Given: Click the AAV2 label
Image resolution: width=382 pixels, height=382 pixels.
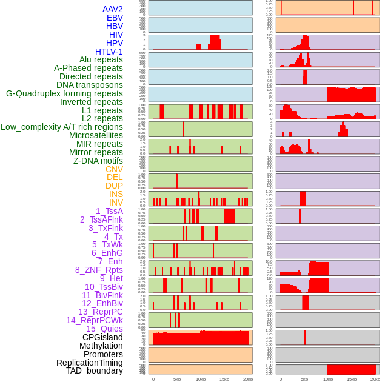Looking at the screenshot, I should click(x=113, y=9).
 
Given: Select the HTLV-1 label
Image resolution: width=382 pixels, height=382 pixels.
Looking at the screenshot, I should click(x=109, y=52).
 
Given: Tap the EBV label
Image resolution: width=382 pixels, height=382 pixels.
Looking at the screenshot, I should click(x=115, y=18).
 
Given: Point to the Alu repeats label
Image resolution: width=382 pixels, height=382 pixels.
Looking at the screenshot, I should click(x=101, y=59).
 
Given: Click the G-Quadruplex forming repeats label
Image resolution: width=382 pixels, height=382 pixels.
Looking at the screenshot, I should click(x=64, y=93).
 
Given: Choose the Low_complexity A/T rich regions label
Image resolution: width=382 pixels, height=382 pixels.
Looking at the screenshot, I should click(x=62, y=127).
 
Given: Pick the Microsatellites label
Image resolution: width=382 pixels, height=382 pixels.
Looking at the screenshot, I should click(x=96, y=135).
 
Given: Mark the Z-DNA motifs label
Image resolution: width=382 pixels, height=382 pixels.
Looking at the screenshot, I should click(x=98, y=161).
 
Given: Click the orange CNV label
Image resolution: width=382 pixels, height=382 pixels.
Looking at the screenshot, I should click(x=114, y=169).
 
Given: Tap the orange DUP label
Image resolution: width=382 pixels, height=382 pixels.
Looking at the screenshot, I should click(x=114, y=186).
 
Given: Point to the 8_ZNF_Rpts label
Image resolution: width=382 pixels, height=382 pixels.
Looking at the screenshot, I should click(x=99, y=270).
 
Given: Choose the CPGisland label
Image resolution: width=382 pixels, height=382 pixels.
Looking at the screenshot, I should click(x=102, y=337).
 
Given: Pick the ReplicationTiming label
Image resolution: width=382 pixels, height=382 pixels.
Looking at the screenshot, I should click(x=90, y=363).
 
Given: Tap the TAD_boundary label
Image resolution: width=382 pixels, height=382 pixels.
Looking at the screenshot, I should click(x=95, y=370).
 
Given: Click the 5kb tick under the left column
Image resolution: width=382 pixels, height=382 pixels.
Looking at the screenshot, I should click(x=177, y=379).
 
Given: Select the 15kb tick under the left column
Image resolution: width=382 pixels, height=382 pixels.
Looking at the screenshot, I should click(x=224, y=379).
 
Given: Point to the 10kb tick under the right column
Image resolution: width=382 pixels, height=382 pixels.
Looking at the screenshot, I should click(x=328, y=379).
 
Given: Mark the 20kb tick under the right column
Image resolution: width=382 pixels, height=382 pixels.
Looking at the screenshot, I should click(x=375, y=379).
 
